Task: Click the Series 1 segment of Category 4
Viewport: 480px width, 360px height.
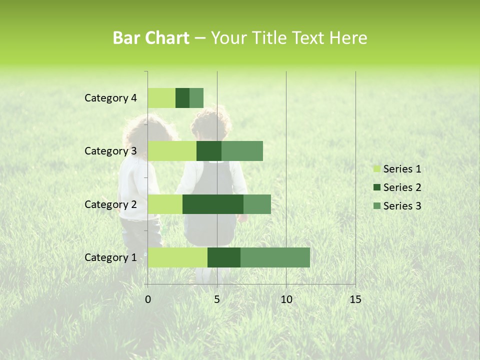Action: [161, 98]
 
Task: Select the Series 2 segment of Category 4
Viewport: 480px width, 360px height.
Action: [182, 98]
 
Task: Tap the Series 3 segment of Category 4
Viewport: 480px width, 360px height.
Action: [196, 98]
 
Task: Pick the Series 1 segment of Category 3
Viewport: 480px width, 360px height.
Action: [172, 151]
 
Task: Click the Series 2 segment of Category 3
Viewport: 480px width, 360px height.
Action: [209, 151]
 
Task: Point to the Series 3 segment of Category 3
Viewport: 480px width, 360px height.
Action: [242, 151]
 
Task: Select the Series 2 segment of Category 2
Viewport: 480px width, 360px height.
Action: [213, 204]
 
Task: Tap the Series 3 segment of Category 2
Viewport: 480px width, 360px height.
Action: [257, 204]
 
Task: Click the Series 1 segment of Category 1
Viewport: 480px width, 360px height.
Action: [177, 257]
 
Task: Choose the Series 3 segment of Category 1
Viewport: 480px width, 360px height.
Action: [275, 257]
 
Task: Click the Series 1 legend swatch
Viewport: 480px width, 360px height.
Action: [376, 169]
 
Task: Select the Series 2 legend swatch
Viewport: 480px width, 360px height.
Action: [376, 187]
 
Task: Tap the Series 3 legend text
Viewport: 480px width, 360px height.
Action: [402, 206]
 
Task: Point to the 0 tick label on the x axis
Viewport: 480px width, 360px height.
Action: [148, 299]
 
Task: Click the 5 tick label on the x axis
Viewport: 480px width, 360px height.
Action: [217, 299]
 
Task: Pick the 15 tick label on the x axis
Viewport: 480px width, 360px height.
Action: [355, 299]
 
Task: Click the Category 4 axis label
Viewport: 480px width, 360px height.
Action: [110, 98]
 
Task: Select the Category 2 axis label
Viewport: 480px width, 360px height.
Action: [110, 204]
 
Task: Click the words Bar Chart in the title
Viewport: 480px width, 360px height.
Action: [151, 38]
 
